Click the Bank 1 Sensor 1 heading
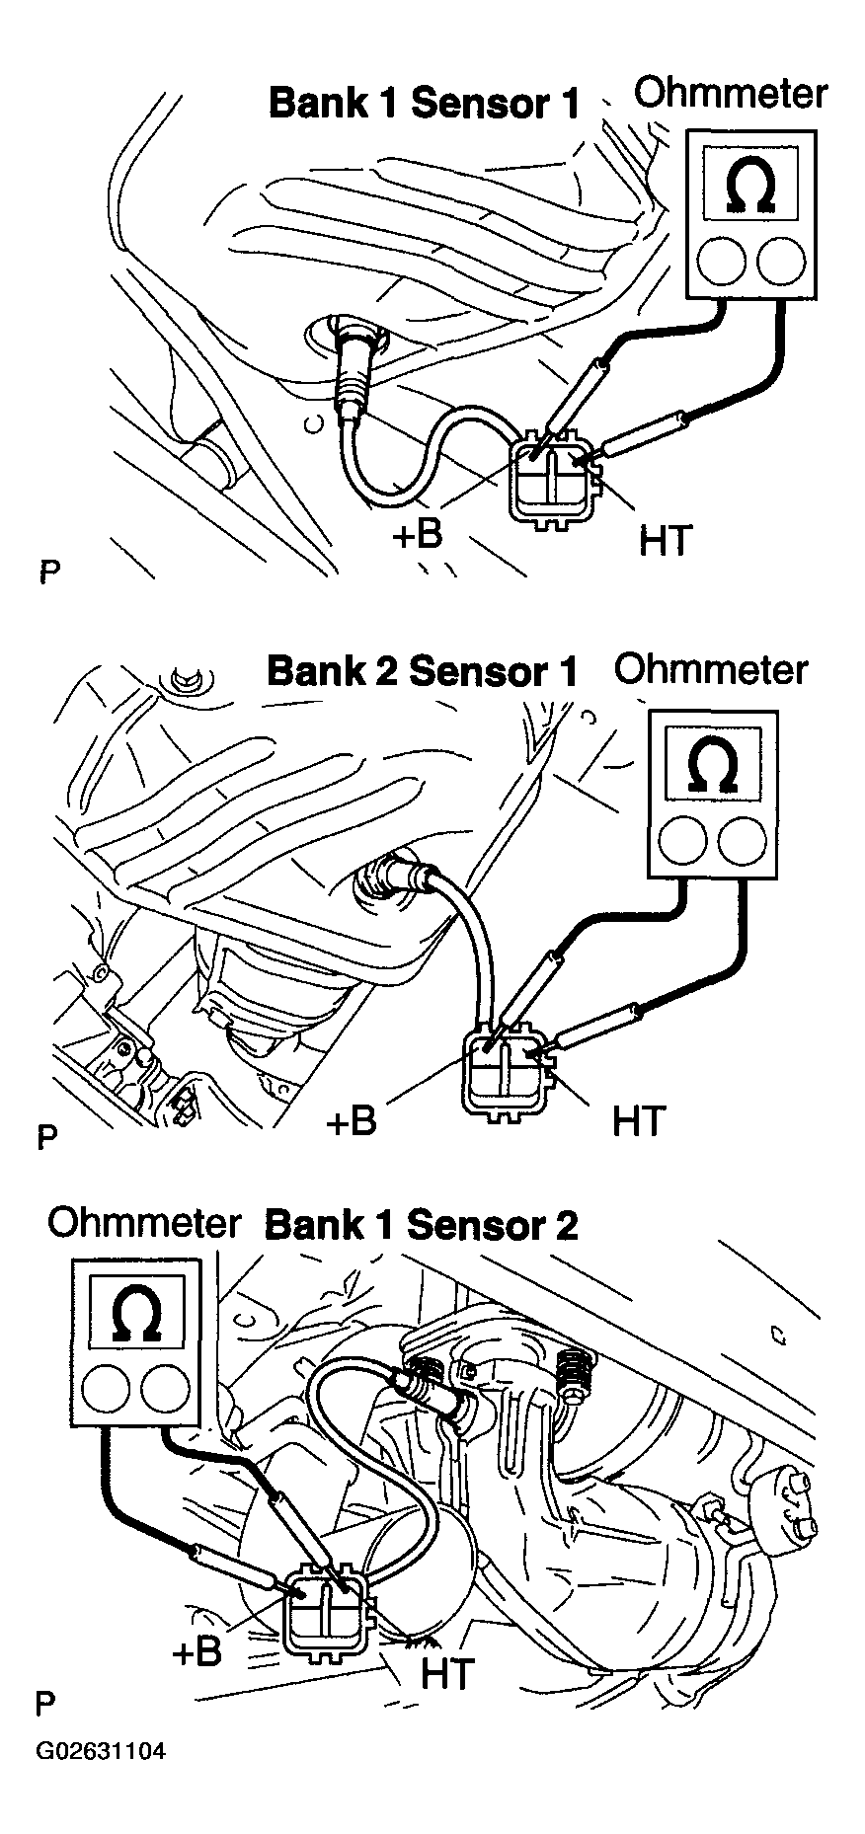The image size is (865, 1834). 424,104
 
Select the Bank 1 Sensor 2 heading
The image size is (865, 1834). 422,1225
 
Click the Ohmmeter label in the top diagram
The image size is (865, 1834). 730,94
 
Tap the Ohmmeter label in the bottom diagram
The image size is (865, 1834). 144,1223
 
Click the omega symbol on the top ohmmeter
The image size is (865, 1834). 751,185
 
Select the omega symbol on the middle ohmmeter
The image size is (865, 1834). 711,763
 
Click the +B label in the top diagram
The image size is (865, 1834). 416,534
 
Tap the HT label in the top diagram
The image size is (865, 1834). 665,540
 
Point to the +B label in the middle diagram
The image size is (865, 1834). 351,1121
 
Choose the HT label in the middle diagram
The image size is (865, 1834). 639,1120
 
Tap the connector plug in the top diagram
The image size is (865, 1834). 554,478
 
